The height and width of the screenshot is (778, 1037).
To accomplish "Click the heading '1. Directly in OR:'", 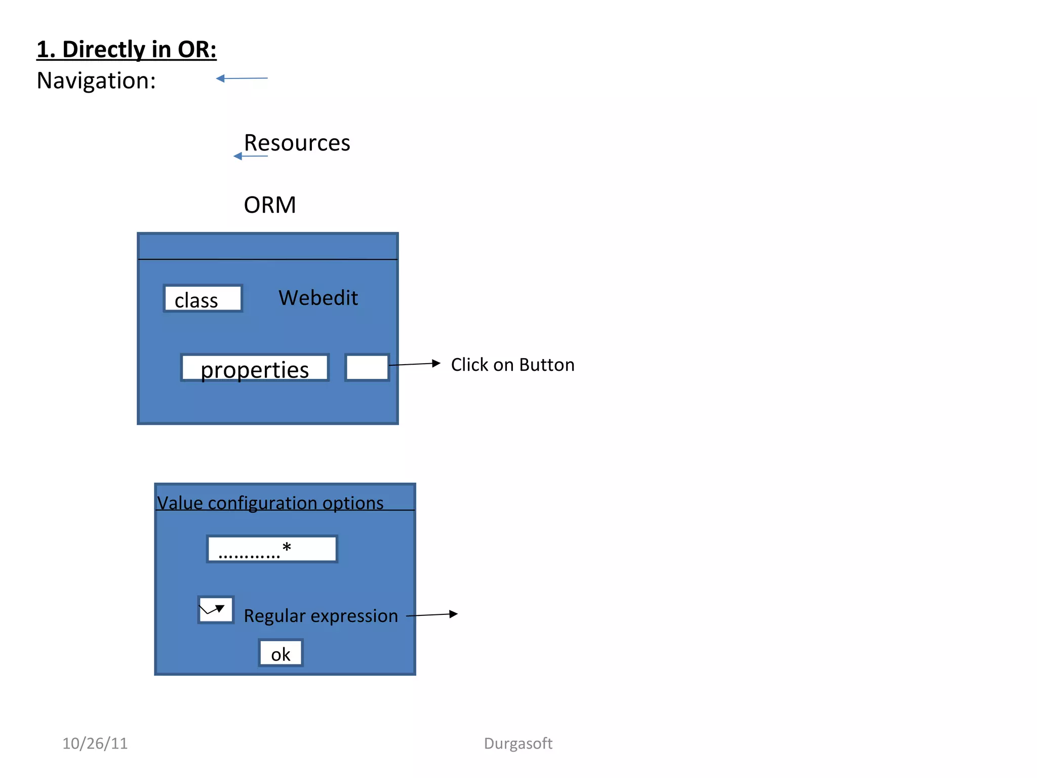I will click(127, 50).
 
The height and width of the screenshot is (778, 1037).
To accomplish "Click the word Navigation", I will click(96, 81).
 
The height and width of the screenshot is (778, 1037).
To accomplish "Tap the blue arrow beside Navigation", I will click(242, 79).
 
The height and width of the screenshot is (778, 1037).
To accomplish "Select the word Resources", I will click(297, 143).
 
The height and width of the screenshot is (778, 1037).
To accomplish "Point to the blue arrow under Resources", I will click(250, 156).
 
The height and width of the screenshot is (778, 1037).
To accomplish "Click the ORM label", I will click(269, 205).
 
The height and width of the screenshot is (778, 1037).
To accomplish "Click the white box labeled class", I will click(203, 299).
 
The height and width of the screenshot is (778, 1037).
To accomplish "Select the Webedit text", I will click(318, 298).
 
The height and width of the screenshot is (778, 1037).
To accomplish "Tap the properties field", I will click(255, 368).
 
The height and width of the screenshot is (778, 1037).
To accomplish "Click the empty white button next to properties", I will click(367, 368).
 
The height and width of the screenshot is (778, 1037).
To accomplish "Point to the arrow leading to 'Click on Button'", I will click(415, 364).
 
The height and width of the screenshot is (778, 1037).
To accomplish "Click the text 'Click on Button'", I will click(512, 365).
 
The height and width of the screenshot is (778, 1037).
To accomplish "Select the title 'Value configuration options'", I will click(270, 503).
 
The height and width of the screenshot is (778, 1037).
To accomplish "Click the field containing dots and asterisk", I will click(272, 549).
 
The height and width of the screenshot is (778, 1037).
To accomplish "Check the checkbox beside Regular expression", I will click(216, 610).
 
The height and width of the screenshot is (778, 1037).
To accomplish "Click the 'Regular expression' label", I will click(321, 616).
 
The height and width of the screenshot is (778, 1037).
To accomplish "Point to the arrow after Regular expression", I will click(432, 615).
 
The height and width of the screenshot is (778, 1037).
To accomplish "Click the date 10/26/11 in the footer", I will click(95, 744).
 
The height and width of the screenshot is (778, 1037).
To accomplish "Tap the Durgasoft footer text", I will click(517, 744).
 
